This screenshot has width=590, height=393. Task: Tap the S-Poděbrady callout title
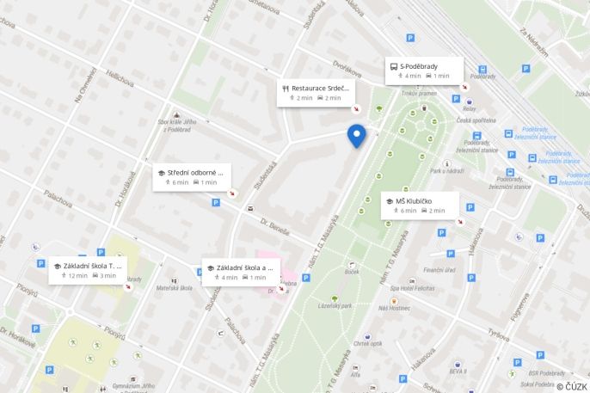tap(419, 65)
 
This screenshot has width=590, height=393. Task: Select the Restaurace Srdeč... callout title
tap(319, 88)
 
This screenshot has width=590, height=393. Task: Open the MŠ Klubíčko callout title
tap(414, 200)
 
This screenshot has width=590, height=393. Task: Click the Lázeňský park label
tap(335, 305)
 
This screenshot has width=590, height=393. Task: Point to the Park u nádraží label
tap(448, 170)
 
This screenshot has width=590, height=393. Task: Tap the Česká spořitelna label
tap(476, 120)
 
